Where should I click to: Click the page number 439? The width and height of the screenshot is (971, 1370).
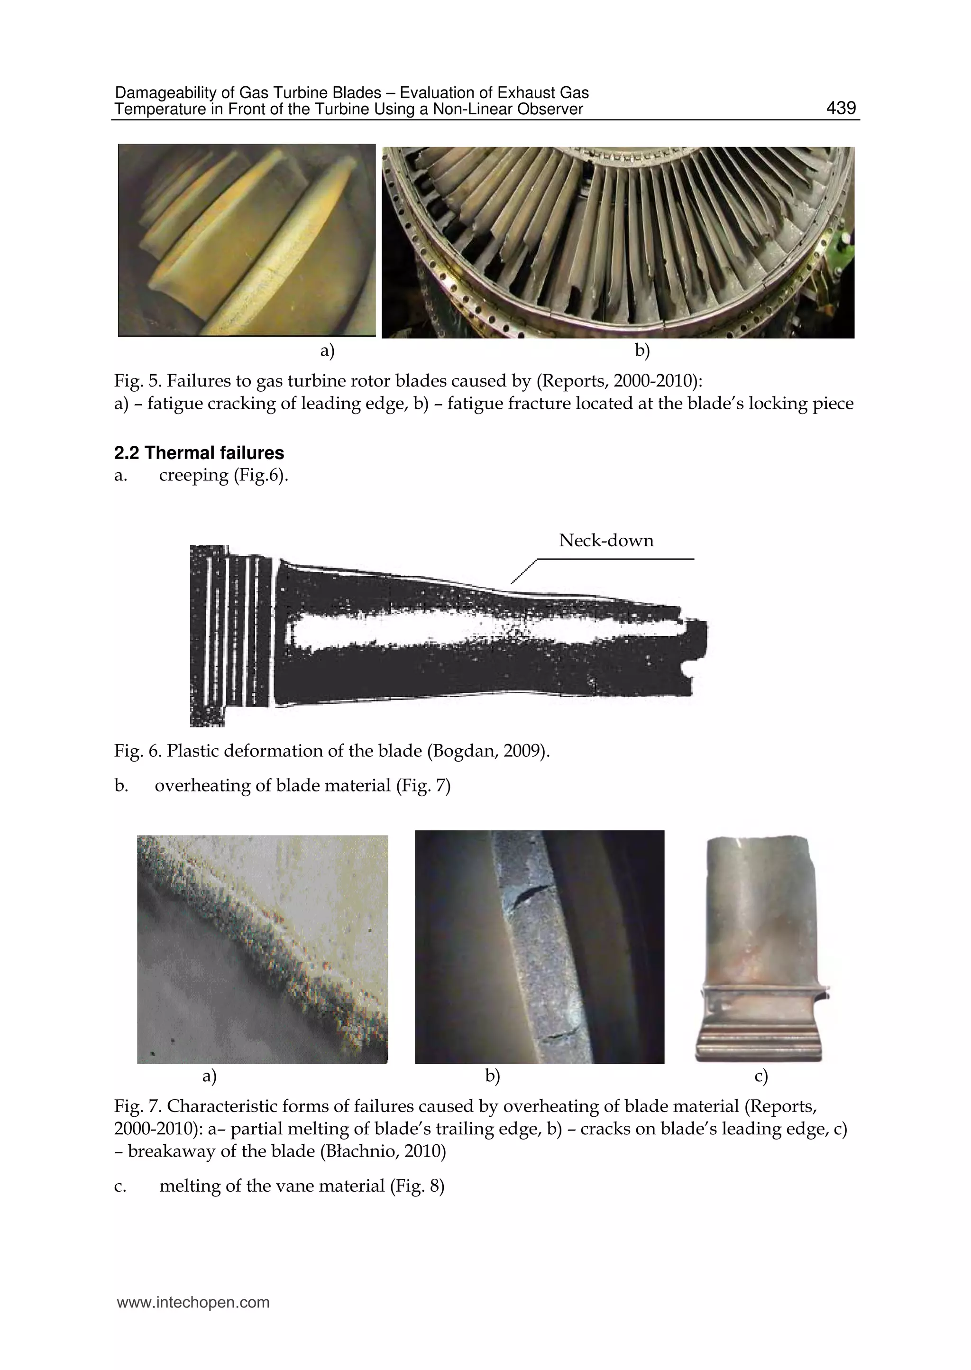tap(841, 108)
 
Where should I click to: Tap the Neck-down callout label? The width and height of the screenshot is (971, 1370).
tap(605, 541)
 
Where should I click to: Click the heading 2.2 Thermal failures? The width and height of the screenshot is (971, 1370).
tap(199, 453)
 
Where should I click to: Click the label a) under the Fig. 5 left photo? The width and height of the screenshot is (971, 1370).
tap(327, 351)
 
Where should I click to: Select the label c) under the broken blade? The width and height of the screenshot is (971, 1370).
tap(760, 1076)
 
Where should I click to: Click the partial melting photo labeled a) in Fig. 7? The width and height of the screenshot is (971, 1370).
tap(263, 948)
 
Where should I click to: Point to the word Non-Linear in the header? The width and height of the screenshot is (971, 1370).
tap(470, 109)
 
